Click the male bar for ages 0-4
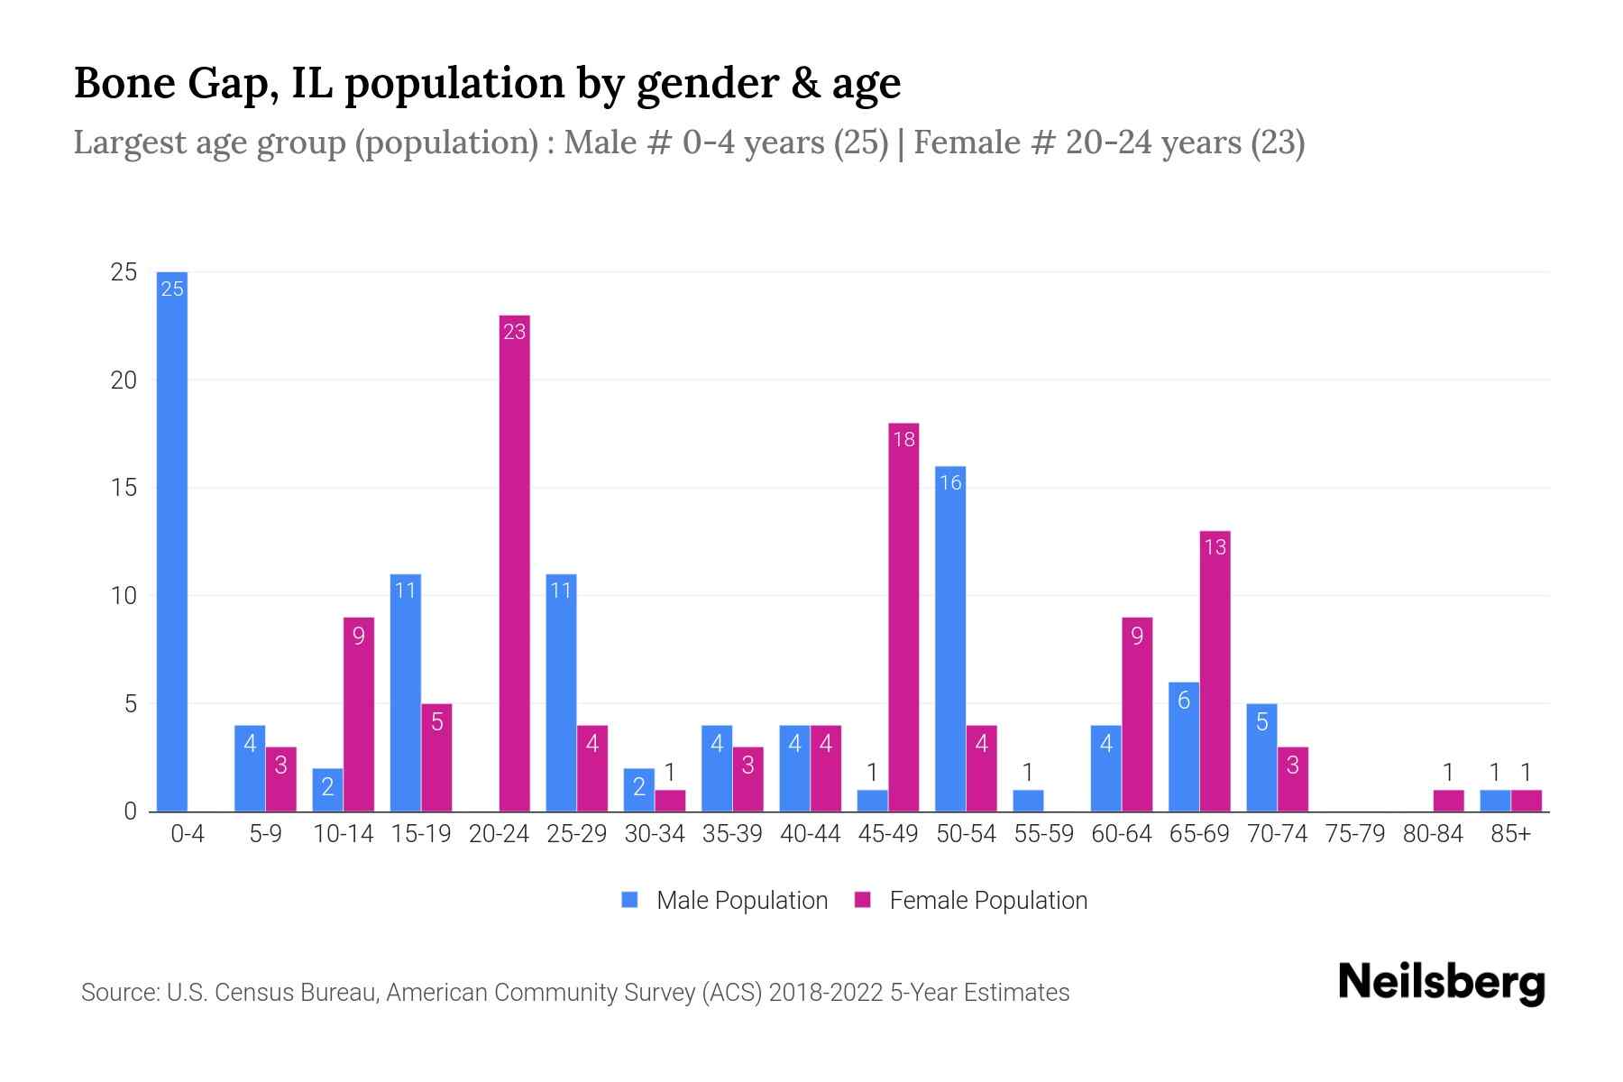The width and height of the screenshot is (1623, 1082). click(x=172, y=541)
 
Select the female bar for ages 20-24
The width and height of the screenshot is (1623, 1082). click(x=514, y=564)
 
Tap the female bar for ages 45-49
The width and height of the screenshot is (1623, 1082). click(x=903, y=618)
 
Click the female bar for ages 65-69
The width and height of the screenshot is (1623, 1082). click(x=1215, y=672)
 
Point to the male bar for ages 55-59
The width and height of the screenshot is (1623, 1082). click(x=1028, y=801)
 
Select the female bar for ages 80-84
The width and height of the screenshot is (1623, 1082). click(x=1448, y=801)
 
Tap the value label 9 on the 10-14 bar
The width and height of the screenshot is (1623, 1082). click(x=359, y=637)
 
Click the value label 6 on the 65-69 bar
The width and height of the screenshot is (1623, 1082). click(x=1184, y=701)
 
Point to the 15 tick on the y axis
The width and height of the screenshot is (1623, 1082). click(x=124, y=488)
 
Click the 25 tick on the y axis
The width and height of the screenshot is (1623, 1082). click(x=124, y=272)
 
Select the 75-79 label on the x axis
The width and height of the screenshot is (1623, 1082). click(x=1354, y=834)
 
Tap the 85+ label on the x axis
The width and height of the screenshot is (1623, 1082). click(x=1510, y=834)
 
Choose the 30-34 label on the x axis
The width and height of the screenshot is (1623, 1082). click(x=655, y=834)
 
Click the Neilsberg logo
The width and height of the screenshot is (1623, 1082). click(x=1441, y=983)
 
